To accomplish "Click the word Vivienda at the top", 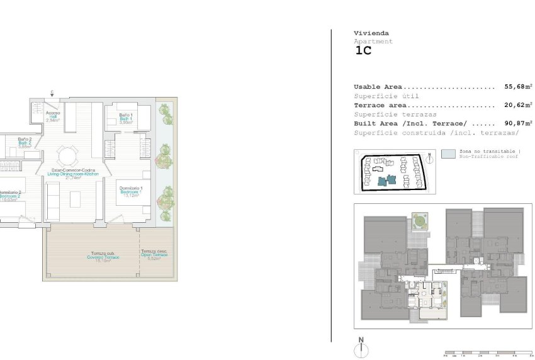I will tap(371, 33).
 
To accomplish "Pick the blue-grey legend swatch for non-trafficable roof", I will tap(448, 153).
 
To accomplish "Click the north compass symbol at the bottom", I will tap(361, 349).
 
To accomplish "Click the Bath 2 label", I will tap(25, 142).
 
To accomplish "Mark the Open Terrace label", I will tap(154, 254).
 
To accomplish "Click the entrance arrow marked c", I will tap(52, 94).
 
